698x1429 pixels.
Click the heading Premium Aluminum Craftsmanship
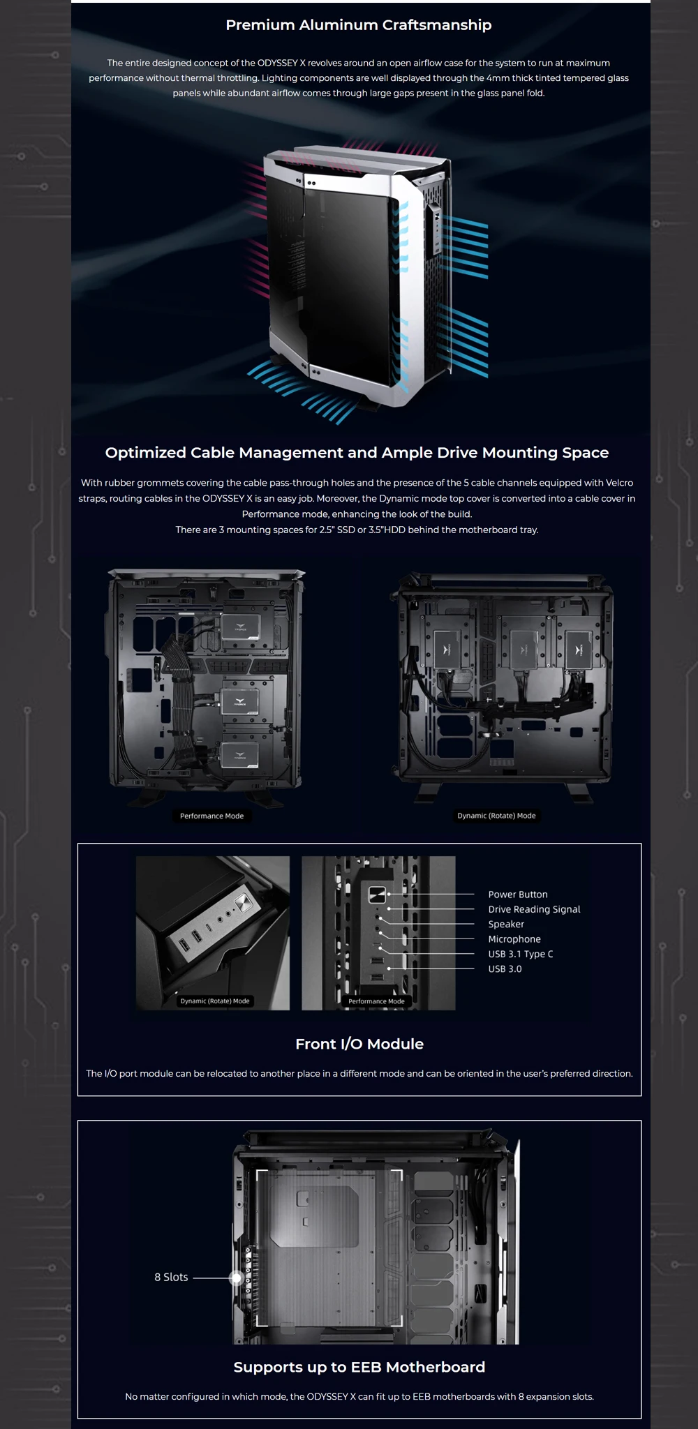click(359, 25)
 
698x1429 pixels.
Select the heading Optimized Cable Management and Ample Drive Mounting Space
click(357, 453)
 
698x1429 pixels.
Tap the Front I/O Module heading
click(359, 1044)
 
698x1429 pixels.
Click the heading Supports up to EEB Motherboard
click(359, 1367)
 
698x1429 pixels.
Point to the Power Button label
click(518, 895)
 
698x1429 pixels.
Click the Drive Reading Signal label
click(534, 909)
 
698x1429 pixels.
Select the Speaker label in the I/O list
click(506, 924)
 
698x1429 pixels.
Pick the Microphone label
click(514, 939)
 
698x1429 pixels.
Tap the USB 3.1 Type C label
click(521, 954)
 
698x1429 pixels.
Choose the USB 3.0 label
click(505, 968)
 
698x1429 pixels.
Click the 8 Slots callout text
click(171, 1277)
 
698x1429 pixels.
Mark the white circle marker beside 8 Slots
click(237, 1278)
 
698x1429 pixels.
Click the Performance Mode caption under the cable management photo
click(212, 816)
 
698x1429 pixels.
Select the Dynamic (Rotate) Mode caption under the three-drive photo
click(496, 815)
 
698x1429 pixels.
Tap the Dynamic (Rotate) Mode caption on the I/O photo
click(215, 1001)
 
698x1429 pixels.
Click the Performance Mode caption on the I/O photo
click(376, 1001)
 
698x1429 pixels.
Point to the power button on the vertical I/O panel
click(377, 895)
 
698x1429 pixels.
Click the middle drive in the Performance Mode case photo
click(240, 701)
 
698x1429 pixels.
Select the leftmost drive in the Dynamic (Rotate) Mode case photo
click(447, 649)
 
